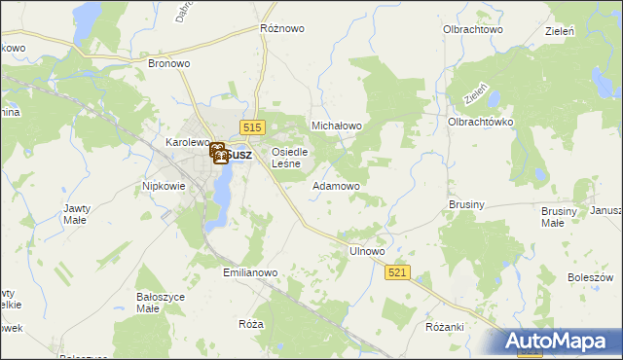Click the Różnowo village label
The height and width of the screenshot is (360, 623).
point(282,28)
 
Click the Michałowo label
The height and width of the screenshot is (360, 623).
point(336,126)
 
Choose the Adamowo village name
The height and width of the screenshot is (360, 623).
point(336,185)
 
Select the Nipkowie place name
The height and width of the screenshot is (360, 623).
point(164,185)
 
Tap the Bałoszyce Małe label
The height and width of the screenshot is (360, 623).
point(161,302)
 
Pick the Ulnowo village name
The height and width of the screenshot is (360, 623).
point(367,251)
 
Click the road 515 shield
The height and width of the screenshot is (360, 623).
point(253,127)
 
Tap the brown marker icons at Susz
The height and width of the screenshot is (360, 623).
point(219,153)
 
